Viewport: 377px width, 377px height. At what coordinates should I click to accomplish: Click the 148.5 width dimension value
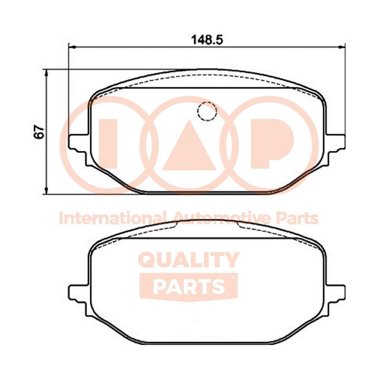(x=207, y=40)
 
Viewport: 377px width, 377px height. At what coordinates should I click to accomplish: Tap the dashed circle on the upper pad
(x=207, y=111)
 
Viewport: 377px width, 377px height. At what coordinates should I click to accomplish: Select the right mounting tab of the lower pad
(x=335, y=293)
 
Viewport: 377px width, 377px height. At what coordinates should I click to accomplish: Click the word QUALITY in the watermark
(x=189, y=260)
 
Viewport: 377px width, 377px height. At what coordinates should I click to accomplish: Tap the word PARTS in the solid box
(x=188, y=286)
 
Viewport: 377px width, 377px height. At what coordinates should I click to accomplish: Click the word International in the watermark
(x=111, y=219)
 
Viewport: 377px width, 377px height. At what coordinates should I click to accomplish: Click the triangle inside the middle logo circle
(x=189, y=147)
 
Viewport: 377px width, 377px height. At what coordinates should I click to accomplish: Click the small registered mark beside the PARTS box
(x=233, y=278)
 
